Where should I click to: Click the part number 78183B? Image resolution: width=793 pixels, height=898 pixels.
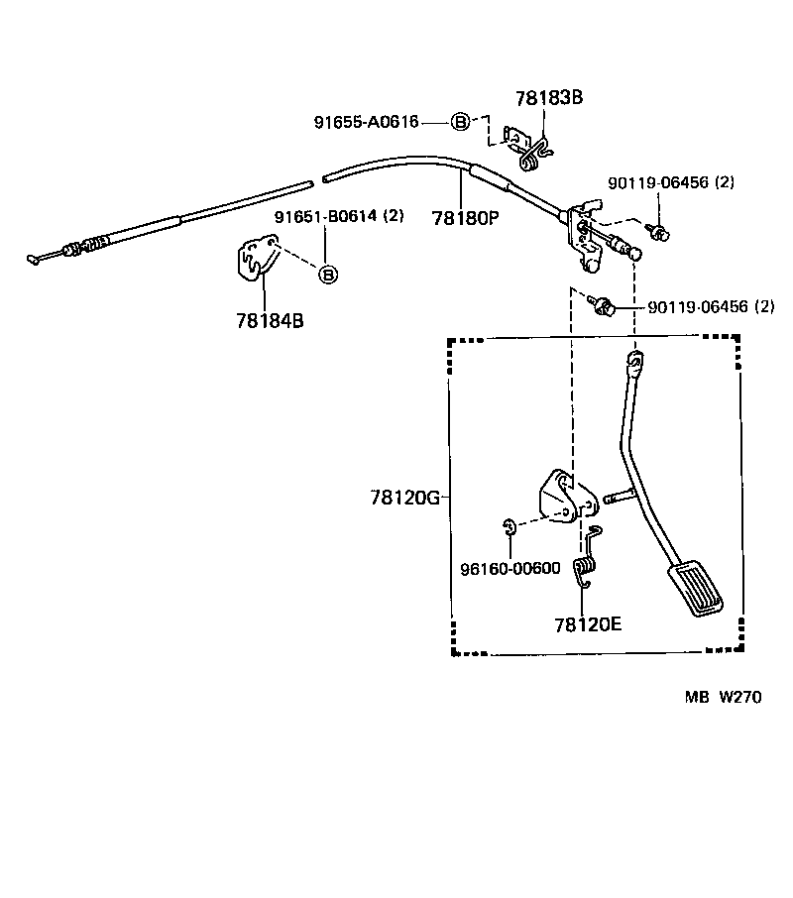click(549, 97)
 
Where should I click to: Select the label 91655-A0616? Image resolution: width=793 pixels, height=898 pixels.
click(367, 122)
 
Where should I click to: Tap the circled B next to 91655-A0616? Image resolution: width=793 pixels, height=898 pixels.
click(460, 122)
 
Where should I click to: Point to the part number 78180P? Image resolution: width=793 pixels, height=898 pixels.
click(465, 217)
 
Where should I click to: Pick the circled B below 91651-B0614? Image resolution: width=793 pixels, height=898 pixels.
click(328, 274)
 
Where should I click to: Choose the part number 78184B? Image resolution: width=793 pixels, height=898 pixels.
click(270, 320)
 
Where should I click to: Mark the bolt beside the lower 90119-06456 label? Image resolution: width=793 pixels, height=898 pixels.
click(601, 304)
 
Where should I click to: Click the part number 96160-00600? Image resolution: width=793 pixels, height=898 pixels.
click(510, 568)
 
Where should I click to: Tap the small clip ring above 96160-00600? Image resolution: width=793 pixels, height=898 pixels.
click(507, 526)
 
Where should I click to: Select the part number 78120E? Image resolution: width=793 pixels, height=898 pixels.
click(588, 624)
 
